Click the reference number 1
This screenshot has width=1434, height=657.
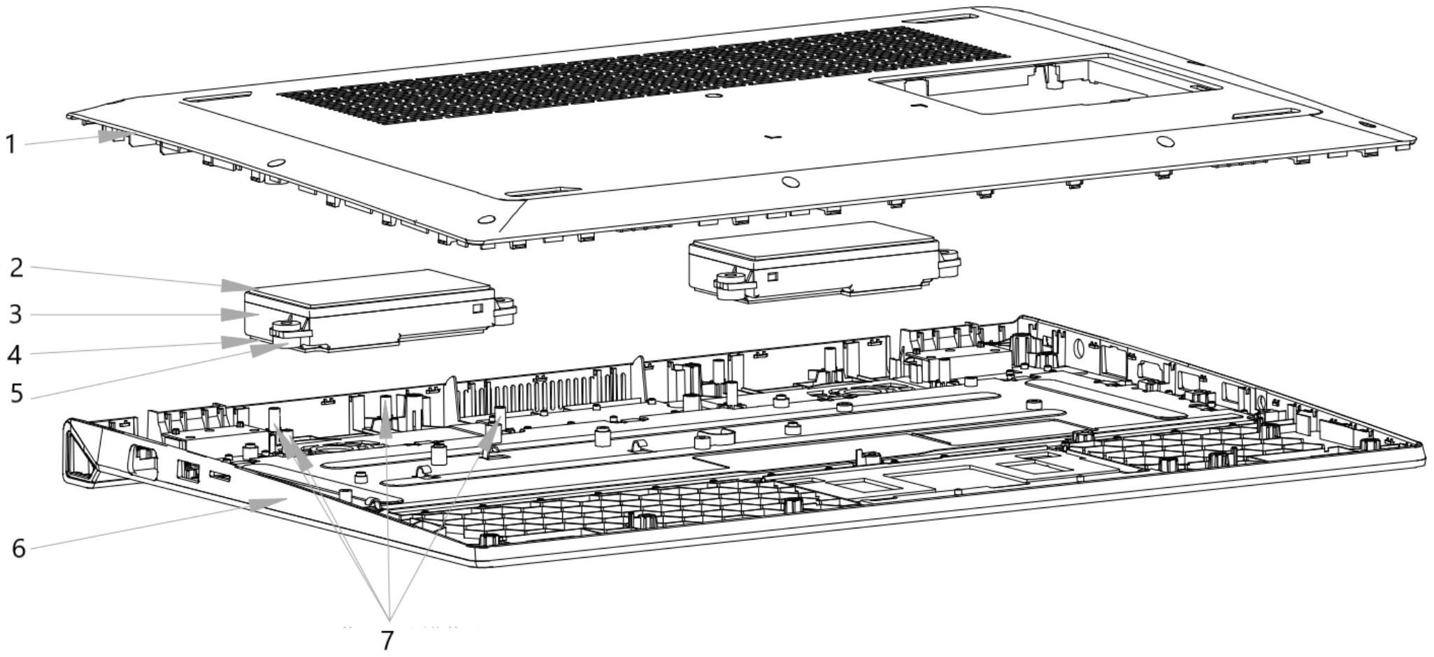(10, 145)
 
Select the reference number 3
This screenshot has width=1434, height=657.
(15, 315)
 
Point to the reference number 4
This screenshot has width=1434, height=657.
(15, 355)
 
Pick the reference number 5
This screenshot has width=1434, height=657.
(17, 394)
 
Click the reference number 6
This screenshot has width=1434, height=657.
(19, 549)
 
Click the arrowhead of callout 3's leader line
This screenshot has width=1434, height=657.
(234, 315)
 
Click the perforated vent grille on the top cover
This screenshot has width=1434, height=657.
(643, 73)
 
